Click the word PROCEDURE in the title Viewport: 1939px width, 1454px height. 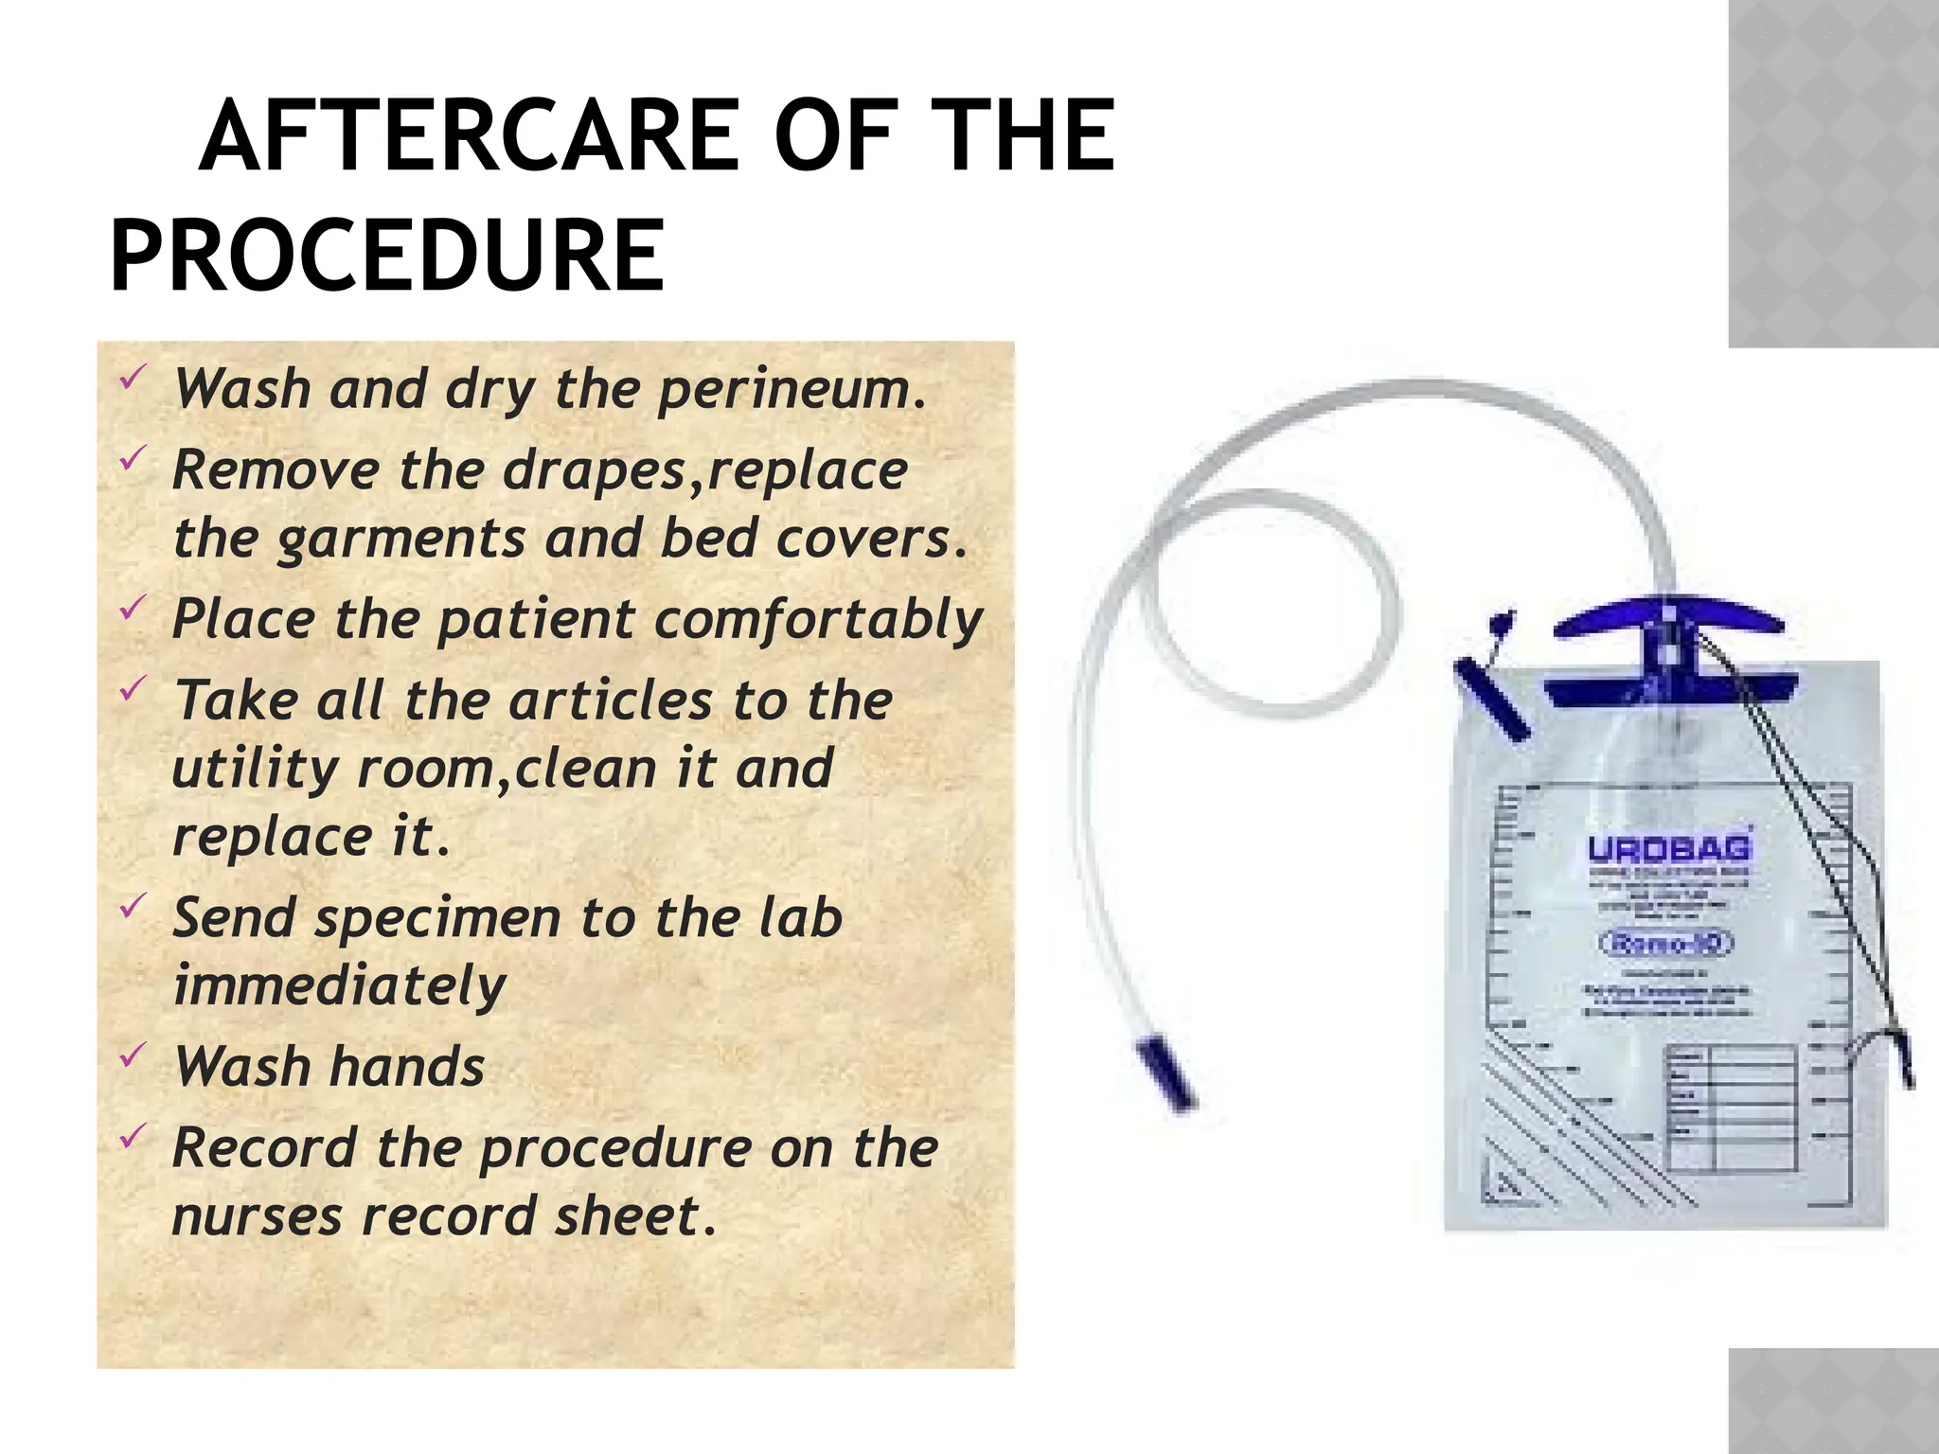(x=387, y=256)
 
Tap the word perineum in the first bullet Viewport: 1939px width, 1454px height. (x=792, y=390)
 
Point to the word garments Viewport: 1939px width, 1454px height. (x=400, y=540)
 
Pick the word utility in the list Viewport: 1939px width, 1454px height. (x=255, y=769)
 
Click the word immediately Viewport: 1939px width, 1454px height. (x=340, y=986)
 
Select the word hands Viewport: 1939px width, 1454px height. (x=408, y=1067)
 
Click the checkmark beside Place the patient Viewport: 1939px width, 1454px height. (x=133, y=607)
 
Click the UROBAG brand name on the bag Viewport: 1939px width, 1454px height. (x=1668, y=849)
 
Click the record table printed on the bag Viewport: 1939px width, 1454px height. (x=1731, y=1108)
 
